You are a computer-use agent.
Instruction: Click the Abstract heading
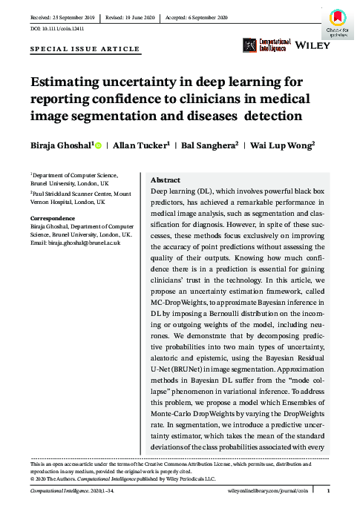[x=167, y=180]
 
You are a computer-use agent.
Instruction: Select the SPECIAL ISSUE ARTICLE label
[x=84, y=49]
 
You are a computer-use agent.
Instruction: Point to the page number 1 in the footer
[x=327, y=491]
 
